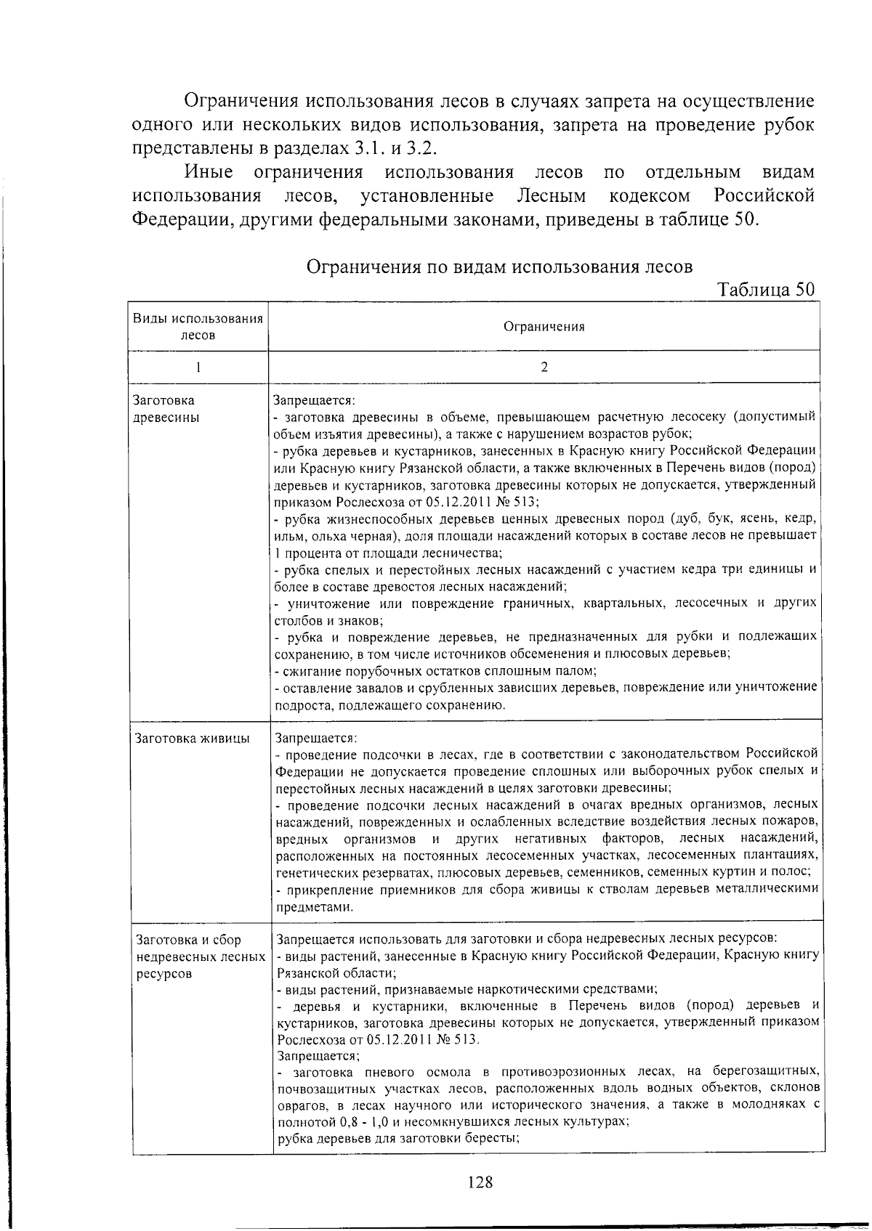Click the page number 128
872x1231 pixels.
(480, 1182)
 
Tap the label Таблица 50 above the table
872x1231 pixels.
(766, 290)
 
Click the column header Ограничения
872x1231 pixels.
(544, 327)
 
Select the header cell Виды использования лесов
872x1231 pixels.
(198, 327)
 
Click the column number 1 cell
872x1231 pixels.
(198, 367)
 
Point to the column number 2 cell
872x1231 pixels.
(544, 367)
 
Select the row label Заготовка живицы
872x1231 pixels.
(193, 739)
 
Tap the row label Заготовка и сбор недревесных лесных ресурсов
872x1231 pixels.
(200, 956)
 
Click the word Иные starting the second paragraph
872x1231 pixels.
(209, 172)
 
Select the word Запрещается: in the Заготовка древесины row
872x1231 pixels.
(314, 400)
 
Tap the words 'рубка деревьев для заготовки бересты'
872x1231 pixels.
(397, 1138)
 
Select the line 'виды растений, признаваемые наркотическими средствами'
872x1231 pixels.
(467, 989)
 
